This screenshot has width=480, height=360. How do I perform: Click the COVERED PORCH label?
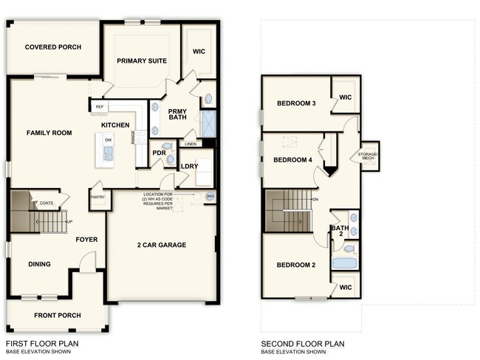(x=52, y=47)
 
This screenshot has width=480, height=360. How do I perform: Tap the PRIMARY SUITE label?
(x=142, y=60)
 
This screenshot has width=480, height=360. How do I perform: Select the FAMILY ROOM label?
(x=49, y=133)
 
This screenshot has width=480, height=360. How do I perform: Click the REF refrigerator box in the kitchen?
(x=99, y=107)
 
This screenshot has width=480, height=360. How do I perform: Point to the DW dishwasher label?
(x=108, y=139)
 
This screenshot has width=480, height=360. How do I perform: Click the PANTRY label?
(x=97, y=197)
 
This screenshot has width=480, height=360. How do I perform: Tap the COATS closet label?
(x=47, y=203)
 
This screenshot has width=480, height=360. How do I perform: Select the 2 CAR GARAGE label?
(x=161, y=245)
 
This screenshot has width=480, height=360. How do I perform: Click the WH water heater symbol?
(x=210, y=196)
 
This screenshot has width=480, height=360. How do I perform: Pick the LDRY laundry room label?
(x=190, y=166)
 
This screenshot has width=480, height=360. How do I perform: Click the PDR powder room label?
(x=158, y=153)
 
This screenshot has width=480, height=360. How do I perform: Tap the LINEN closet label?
(x=191, y=144)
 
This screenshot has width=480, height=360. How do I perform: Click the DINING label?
(x=40, y=263)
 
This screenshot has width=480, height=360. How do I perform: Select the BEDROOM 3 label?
(x=296, y=103)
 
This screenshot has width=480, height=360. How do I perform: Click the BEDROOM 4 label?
(x=292, y=160)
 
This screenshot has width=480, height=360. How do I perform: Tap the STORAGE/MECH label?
(x=368, y=156)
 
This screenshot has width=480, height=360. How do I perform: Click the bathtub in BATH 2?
(x=344, y=263)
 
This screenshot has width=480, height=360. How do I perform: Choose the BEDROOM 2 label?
(x=296, y=265)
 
